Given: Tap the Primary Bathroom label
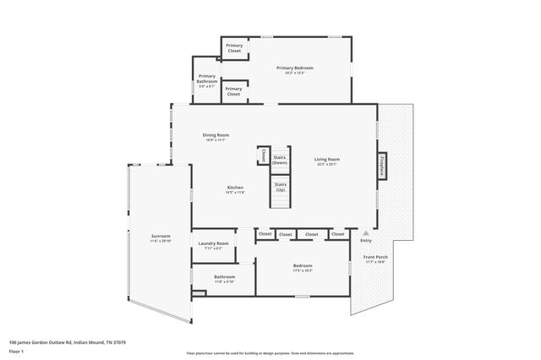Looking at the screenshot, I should [x=207, y=78].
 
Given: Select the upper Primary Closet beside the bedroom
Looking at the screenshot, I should [x=234, y=49].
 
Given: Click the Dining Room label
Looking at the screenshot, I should [x=216, y=134].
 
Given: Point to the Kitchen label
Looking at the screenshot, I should [x=235, y=187].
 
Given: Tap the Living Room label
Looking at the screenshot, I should [x=327, y=159].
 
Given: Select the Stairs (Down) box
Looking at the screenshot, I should [x=280, y=159].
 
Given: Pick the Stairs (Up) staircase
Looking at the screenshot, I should [x=280, y=191].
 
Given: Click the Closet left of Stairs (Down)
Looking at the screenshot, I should [x=264, y=155].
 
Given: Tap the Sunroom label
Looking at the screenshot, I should [x=161, y=236].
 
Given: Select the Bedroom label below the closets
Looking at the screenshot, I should [x=303, y=265].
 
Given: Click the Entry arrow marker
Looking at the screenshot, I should [x=365, y=233].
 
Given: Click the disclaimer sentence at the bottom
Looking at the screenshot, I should [x=270, y=354].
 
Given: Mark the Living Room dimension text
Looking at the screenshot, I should [x=327, y=164].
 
